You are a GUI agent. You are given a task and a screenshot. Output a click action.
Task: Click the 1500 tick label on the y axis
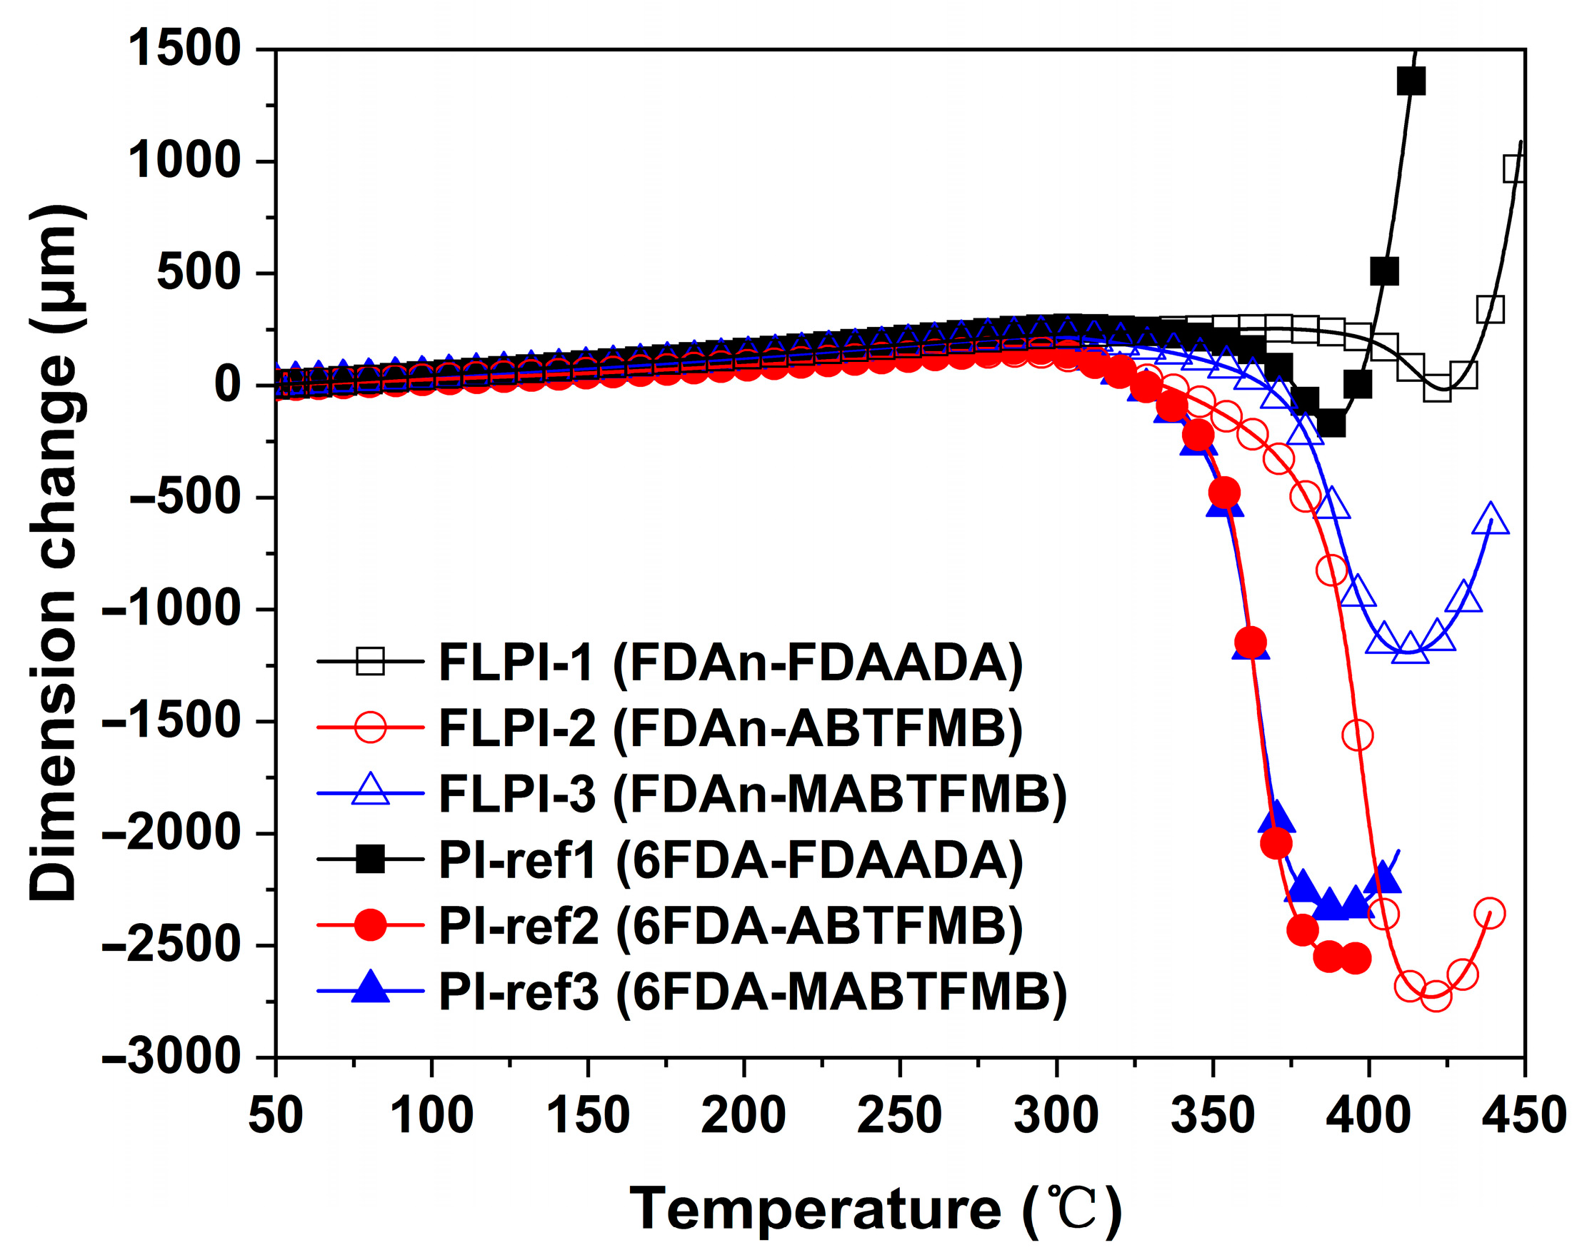pos(184,49)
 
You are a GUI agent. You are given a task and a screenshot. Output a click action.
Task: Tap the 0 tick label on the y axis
pos(226,385)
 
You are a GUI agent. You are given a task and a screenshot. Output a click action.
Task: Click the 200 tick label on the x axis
pos(744,1117)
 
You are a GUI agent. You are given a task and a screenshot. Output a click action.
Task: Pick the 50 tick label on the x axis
pos(276,1117)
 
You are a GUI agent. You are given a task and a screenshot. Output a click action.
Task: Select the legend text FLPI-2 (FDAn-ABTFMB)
pos(730,728)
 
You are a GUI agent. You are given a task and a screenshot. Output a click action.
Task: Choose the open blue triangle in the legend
pos(370,791)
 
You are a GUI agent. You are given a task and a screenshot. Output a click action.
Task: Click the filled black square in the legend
pos(370,860)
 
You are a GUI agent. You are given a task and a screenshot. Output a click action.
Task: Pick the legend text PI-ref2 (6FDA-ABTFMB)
pos(730,926)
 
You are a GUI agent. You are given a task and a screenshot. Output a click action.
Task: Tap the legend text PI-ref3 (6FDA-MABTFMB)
pos(752,992)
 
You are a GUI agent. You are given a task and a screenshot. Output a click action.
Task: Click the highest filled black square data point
pos(1411,81)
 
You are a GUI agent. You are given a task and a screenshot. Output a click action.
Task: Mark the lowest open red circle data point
pos(1436,995)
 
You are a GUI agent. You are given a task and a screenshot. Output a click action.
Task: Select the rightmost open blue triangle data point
pos(1491,519)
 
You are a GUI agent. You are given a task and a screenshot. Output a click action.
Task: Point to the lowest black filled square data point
pos(1332,423)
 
